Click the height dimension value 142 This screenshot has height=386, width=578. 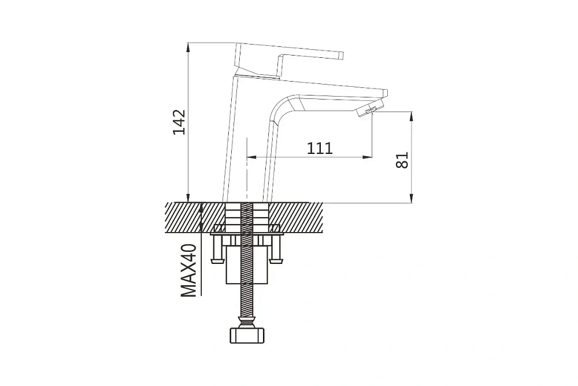(180, 122)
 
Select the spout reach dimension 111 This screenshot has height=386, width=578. (320, 148)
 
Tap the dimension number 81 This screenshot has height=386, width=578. (402, 160)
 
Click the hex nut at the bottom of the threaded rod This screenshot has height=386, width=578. (247, 335)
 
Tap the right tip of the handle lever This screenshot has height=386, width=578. (342, 56)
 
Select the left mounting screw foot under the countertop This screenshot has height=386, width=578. (217, 261)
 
